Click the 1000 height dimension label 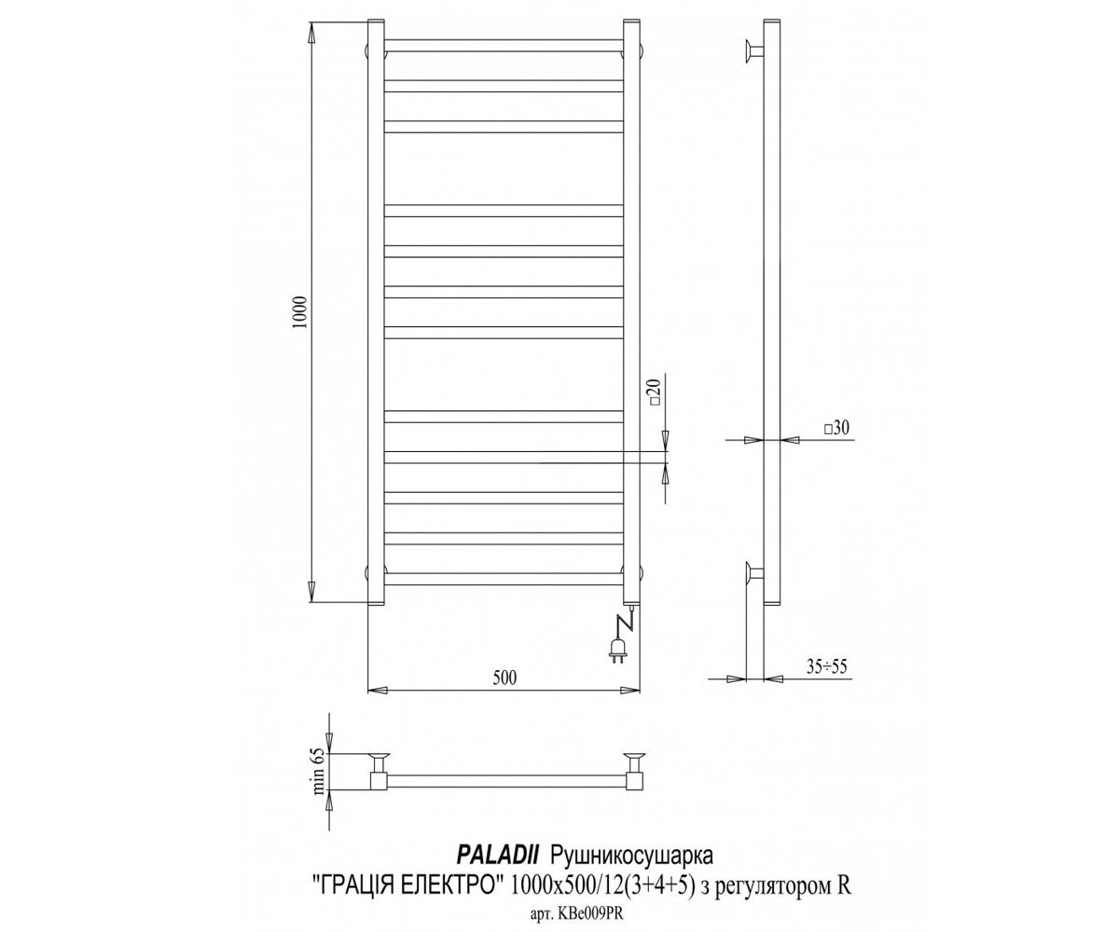point(300,311)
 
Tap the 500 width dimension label point(504,678)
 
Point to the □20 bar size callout point(656,392)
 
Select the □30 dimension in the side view point(836,428)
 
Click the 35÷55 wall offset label point(826,666)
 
